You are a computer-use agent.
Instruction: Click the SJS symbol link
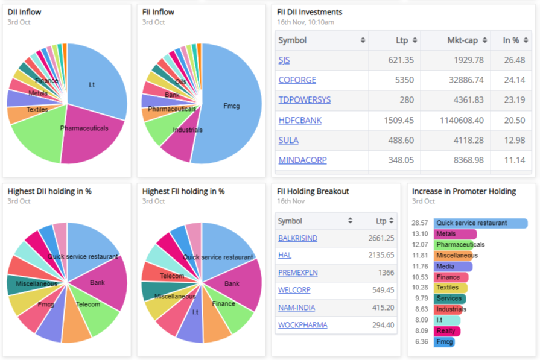click(x=284, y=60)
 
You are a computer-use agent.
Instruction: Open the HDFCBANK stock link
click(x=300, y=121)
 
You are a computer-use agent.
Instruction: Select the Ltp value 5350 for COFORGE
click(x=405, y=80)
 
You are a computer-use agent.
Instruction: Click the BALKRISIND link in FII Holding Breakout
click(x=297, y=238)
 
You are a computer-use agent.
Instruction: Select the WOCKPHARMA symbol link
click(x=302, y=325)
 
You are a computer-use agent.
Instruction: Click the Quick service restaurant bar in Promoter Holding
click(x=480, y=223)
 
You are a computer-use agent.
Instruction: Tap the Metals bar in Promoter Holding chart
click(x=455, y=234)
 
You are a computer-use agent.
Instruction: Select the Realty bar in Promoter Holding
click(x=447, y=331)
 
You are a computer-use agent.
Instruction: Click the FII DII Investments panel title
click(x=310, y=12)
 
